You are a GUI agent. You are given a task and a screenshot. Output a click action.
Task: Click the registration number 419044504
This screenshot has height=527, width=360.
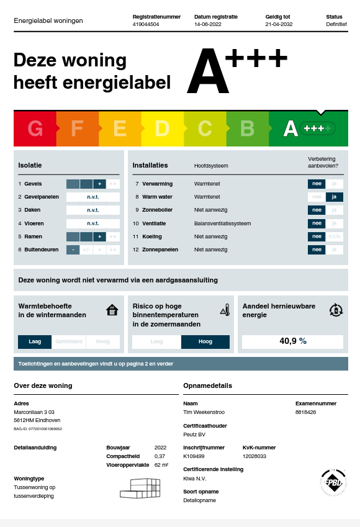[x=146, y=24]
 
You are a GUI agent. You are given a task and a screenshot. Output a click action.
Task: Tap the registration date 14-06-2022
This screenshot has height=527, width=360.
[x=208, y=24]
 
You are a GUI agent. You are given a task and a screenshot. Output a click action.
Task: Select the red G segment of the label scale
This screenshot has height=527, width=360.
[x=35, y=128]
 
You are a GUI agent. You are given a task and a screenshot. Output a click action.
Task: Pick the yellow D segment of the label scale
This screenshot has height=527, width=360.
[x=162, y=128]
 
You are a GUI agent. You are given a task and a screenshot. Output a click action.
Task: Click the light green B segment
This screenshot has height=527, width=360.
[x=247, y=128]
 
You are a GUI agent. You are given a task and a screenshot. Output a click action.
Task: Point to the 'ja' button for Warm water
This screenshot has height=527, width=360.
[x=335, y=197]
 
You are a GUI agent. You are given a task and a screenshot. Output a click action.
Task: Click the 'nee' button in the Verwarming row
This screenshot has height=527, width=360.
[x=317, y=184]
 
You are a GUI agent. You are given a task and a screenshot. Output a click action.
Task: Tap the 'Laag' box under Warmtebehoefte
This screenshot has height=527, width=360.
[x=35, y=341]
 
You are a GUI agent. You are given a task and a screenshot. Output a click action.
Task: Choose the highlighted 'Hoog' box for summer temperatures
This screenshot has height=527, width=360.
[x=205, y=341]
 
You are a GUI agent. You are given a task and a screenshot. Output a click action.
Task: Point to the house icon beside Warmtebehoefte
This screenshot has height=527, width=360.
[x=112, y=310]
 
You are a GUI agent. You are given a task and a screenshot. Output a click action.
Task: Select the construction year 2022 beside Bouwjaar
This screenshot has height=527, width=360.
[x=160, y=447]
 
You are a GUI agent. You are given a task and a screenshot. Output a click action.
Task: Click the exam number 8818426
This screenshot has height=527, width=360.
[x=305, y=412]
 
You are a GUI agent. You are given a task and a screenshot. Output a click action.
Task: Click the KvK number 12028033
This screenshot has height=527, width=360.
[x=254, y=456]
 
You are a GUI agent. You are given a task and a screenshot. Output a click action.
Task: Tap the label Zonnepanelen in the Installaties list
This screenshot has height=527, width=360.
[x=160, y=250]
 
